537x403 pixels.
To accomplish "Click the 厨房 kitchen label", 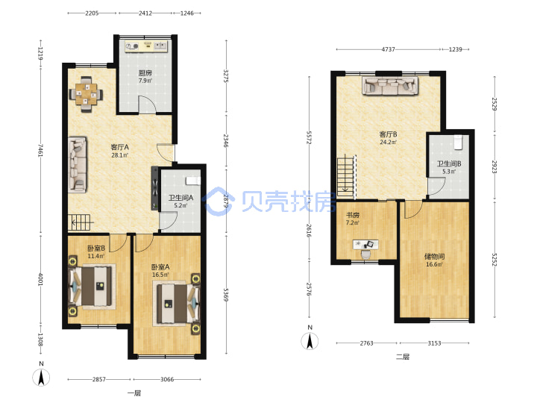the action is coord(145,72).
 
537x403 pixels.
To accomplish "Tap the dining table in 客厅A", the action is coord(86,94).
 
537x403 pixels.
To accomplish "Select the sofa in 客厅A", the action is coord(78,164).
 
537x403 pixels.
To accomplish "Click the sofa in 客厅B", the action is coord(390,86).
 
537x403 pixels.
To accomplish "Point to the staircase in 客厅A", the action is coord(81,222).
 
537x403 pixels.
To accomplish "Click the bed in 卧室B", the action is coord(92,286).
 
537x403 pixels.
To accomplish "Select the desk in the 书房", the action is coord(365,245).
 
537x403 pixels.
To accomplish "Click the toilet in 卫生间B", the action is coord(458,143).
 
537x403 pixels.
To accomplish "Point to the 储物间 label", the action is coord(434,256).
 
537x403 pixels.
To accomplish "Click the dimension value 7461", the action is coord(41,151).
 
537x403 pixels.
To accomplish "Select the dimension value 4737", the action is coord(388,49).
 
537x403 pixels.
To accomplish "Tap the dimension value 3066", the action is coord(167,379).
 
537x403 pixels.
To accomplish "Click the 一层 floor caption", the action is coord(134,393).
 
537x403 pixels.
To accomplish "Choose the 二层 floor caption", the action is coord(403,357).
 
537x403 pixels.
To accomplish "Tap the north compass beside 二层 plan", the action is coord(310,341).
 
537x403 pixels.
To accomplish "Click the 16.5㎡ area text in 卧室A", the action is coord(160,275).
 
